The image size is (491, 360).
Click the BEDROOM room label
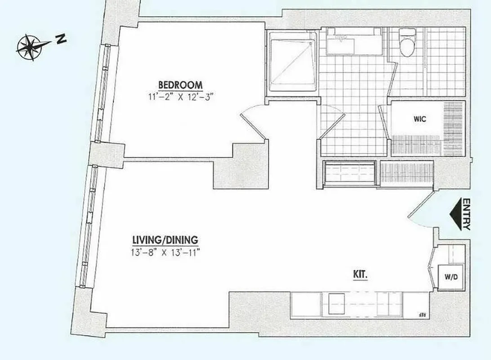coord(180,84)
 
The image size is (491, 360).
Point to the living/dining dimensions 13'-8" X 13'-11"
coord(163,252)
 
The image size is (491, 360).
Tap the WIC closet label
coord(419,120)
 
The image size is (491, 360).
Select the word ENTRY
coord(466,215)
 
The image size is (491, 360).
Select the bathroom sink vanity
coord(354,42)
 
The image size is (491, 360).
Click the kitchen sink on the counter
coord(336,301)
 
